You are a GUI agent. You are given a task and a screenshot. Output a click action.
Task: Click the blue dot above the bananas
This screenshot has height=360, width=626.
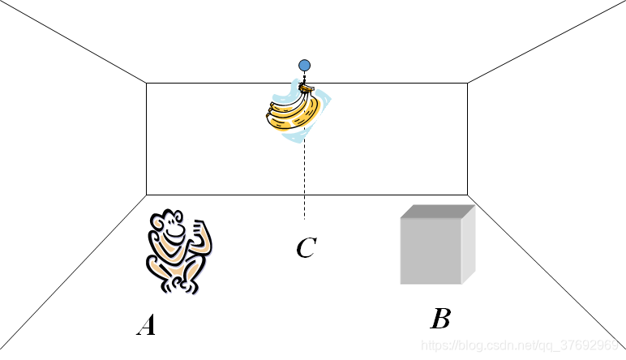pyautogui.click(x=304, y=65)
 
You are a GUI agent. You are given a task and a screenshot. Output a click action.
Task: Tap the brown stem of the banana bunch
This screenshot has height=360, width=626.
pyautogui.click(x=306, y=87)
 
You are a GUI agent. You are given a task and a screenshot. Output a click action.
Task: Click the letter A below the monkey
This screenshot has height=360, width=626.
pyautogui.click(x=146, y=326)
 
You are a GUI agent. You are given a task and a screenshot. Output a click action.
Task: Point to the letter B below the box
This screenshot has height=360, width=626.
pyautogui.click(x=439, y=319)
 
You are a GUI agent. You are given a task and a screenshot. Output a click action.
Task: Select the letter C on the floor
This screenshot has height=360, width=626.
pyautogui.click(x=305, y=248)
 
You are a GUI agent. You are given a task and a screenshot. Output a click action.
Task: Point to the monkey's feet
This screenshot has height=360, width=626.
pyautogui.click(x=180, y=285)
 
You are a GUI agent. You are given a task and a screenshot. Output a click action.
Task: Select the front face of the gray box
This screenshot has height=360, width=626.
pyautogui.click(x=431, y=251)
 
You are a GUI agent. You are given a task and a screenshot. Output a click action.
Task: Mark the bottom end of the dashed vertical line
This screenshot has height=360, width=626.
pyautogui.click(x=304, y=218)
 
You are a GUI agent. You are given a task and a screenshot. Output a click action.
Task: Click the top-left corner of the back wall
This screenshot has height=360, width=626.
pyautogui.click(x=146, y=83)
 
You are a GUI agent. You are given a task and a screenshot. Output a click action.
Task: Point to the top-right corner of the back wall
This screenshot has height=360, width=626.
pyautogui.click(x=468, y=83)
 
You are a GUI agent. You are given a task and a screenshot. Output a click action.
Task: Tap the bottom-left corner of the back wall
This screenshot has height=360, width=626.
pyautogui.click(x=146, y=195)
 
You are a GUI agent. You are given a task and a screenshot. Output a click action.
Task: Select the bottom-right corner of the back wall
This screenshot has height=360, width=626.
pyautogui.click(x=468, y=195)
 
